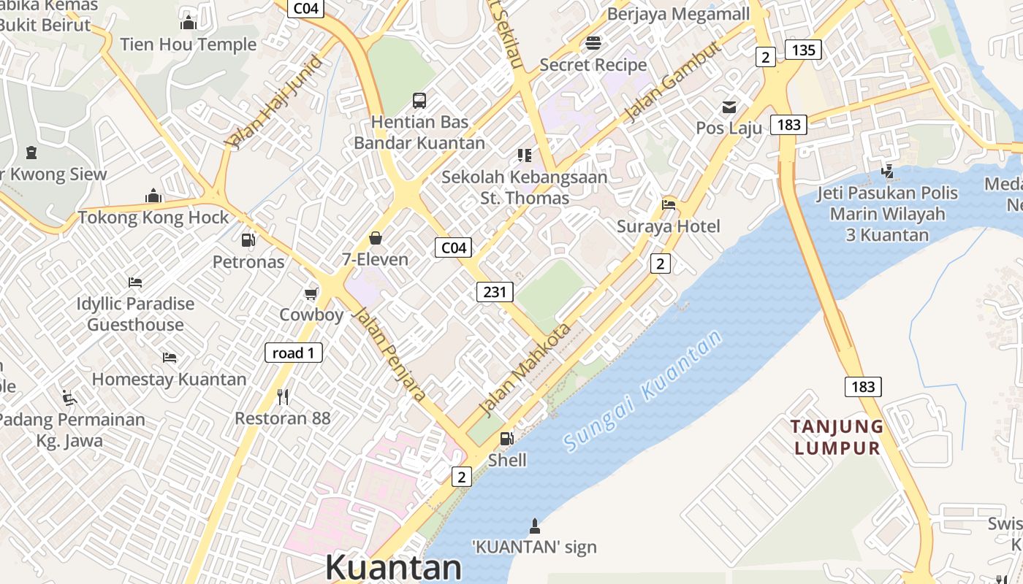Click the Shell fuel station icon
click(506, 438)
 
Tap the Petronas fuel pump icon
click(248, 239)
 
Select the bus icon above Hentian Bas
click(419, 100)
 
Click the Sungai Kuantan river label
click(642, 390)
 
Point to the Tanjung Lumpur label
click(838, 437)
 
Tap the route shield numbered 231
click(495, 292)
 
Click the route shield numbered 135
click(803, 50)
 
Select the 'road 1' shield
click(293, 353)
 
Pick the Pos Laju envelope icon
click(729, 107)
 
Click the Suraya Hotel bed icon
click(668, 204)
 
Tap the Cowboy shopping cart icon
click(311, 293)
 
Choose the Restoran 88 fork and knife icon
click(283, 396)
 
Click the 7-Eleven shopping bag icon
click(376, 238)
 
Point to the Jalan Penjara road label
click(389, 354)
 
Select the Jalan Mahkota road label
click(524, 369)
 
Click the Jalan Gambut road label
click(673, 81)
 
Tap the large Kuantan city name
click(393, 567)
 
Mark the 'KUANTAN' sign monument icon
click(534, 526)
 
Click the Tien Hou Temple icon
click(189, 23)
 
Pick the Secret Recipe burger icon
click(593, 43)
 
